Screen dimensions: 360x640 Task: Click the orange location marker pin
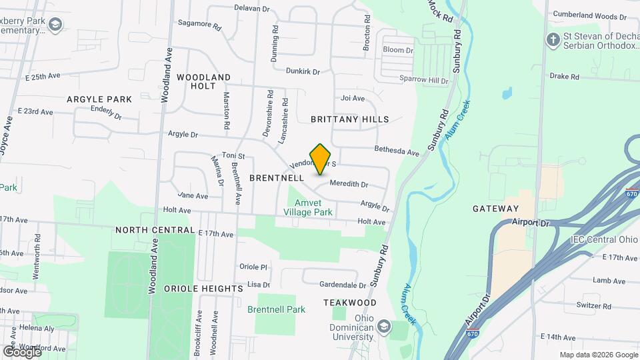(321, 159)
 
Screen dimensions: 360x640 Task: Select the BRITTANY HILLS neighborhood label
(350, 119)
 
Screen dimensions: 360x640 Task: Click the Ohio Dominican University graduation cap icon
(383, 326)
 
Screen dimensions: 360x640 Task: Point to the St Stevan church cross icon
(552, 39)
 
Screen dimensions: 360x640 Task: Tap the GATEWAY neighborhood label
(495, 209)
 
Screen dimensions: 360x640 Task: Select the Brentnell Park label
(276, 309)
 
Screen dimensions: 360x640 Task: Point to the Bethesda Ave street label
(397, 151)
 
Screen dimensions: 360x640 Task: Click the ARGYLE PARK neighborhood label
(99, 99)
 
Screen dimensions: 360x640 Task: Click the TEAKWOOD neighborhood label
(350, 303)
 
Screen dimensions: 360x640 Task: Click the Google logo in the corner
(21, 351)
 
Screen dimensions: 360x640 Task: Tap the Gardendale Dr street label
(343, 285)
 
